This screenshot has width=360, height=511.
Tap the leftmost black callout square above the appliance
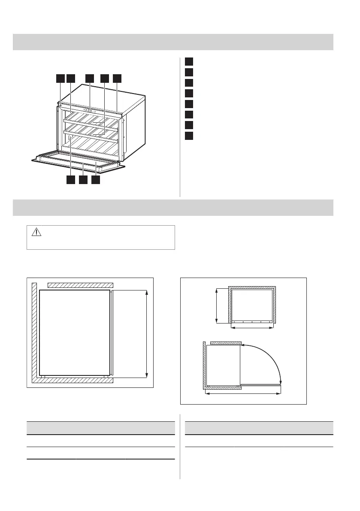pyautogui.click(x=60, y=78)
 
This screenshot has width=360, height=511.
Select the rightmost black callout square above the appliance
pyautogui.click(x=118, y=78)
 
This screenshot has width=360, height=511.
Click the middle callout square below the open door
pyautogui.click(x=83, y=180)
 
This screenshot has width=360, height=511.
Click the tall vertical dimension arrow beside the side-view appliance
pyautogui.click(x=147, y=333)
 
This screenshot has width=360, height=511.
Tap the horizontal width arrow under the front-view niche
pyautogui.click(x=252, y=328)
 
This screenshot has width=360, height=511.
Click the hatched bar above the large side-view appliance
pyautogui.click(x=80, y=285)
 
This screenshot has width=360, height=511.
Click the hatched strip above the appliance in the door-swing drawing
pyautogui.click(x=226, y=343)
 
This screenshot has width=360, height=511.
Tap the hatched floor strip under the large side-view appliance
pyautogui.click(x=73, y=380)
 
